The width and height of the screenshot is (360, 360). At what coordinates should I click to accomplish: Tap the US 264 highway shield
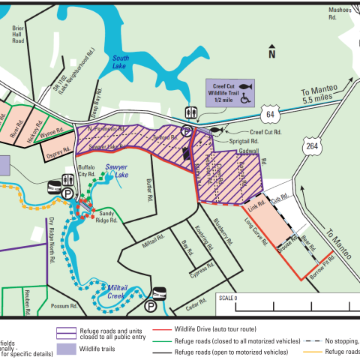(311, 147)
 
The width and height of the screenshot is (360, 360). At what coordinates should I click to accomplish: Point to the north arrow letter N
(272, 53)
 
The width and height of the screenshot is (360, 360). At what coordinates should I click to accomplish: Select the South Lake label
(121, 63)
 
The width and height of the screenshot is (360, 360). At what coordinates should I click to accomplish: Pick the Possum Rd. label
(64, 306)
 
